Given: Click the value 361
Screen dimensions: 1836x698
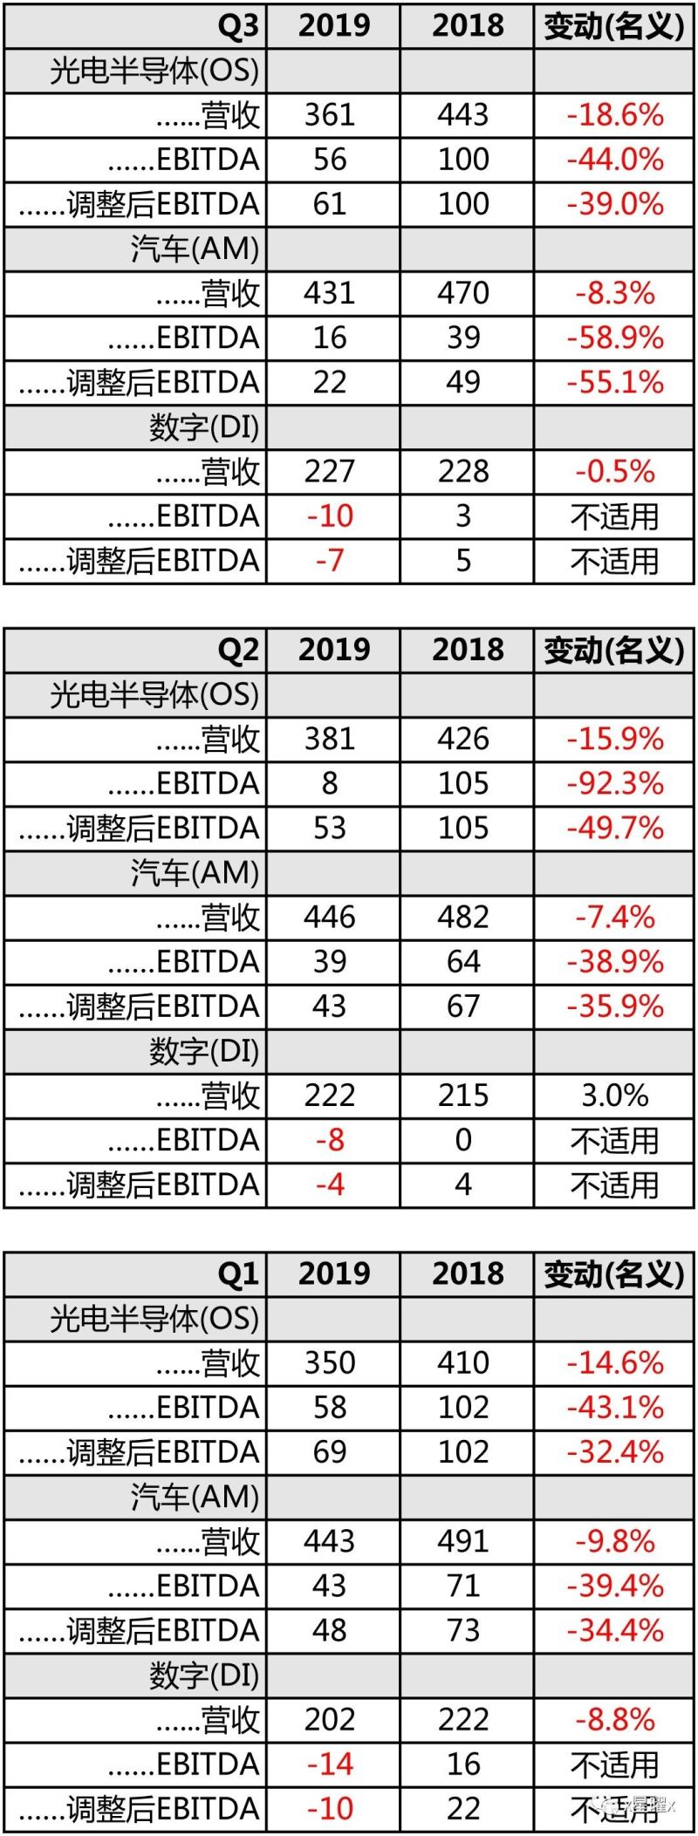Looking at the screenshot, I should pyautogui.click(x=330, y=115).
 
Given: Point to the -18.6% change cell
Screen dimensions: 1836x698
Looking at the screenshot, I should pyautogui.click(x=615, y=115).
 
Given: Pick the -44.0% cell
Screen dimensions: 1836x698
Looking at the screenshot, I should pyautogui.click(x=615, y=160).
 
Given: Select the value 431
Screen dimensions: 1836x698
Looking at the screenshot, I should pyautogui.click(x=330, y=293).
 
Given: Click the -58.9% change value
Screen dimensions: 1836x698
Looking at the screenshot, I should pyautogui.click(x=615, y=338).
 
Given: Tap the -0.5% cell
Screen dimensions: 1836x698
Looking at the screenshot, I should pyautogui.click(x=615, y=472).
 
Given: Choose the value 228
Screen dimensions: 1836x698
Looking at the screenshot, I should pyautogui.click(x=463, y=472).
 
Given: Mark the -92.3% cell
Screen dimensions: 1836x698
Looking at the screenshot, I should pyautogui.click(x=615, y=783).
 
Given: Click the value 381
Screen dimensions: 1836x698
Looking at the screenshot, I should pyautogui.click(x=330, y=739).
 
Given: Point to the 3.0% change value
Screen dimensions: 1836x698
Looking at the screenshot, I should pyautogui.click(x=615, y=1095).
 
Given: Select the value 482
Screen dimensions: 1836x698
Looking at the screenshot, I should pyautogui.click(x=463, y=918).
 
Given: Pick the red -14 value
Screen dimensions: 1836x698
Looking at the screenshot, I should pyautogui.click(x=330, y=1764).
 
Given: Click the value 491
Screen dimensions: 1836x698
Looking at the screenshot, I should pyautogui.click(x=463, y=1541).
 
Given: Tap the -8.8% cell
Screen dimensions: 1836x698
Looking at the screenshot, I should pyautogui.click(x=615, y=1720).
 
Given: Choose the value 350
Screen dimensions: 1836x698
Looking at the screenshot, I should pyautogui.click(x=330, y=1363).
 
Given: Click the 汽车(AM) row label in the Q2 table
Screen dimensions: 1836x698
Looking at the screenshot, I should pyautogui.click(x=195, y=873).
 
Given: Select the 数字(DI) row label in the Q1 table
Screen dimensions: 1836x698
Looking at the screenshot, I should pyautogui.click(x=204, y=1676).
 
